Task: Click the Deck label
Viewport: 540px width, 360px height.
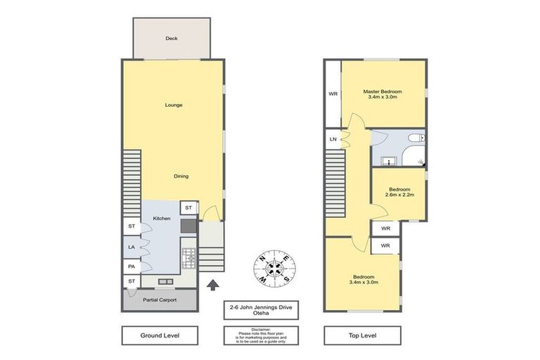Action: tap(171, 39)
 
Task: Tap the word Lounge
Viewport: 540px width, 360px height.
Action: tap(174, 105)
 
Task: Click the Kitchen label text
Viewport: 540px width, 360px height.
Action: tap(162, 219)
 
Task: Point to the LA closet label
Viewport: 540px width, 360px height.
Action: tap(131, 247)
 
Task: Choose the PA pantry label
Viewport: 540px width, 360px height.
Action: tap(131, 266)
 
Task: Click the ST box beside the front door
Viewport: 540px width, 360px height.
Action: tap(188, 207)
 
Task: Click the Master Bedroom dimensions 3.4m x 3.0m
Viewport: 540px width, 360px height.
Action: tap(382, 98)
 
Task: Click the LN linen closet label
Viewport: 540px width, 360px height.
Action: tap(333, 140)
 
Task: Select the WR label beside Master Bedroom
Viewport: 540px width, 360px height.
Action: tap(333, 94)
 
